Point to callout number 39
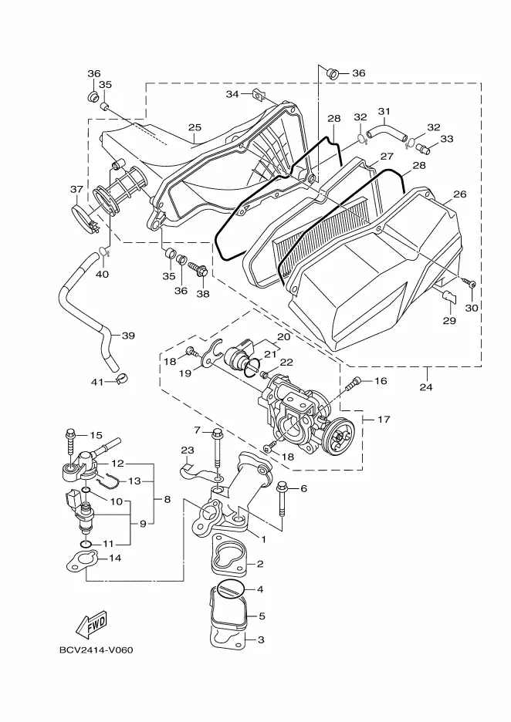tap(127, 336)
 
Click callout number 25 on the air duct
tap(195, 127)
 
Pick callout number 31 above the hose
tap(384, 111)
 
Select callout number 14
tap(113, 558)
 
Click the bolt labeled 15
tap(71, 443)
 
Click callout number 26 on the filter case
tap(459, 194)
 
